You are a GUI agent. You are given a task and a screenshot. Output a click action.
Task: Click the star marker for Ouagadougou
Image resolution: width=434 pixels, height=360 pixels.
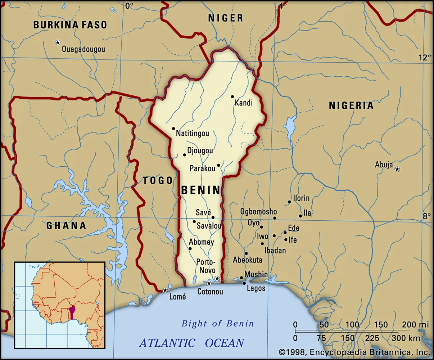[x=58, y=42]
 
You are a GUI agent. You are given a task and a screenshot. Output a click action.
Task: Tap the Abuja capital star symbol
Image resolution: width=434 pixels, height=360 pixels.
[x=397, y=169]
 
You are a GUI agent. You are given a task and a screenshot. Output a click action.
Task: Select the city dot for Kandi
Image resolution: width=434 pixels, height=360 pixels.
[x=232, y=96]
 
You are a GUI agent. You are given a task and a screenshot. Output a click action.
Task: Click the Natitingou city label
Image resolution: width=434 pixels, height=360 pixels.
[x=192, y=134]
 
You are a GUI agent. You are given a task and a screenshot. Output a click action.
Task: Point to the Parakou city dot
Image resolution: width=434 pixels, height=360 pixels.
[x=218, y=166]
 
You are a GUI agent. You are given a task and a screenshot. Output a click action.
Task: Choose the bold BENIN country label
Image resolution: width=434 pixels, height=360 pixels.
[x=200, y=190]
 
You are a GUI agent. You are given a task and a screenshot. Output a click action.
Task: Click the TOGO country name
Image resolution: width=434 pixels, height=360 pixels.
[x=158, y=180]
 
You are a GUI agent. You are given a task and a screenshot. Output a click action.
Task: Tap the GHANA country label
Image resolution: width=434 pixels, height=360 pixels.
[x=66, y=226]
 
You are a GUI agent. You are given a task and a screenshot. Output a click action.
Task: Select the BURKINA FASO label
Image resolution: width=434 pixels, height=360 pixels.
[x=70, y=25]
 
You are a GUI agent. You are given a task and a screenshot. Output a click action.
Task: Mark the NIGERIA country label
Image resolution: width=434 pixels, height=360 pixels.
[x=351, y=105]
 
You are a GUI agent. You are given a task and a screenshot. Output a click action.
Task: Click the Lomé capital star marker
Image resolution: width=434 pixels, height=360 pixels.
[x=165, y=290]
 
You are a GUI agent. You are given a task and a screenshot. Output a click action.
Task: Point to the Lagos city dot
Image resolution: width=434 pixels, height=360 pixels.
[x=244, y=283]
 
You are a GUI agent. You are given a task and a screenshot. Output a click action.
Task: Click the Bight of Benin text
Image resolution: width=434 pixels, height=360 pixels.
[x=218, y=323]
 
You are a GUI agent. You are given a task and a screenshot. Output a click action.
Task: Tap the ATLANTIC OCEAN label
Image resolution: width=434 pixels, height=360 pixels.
[x=191, y=342]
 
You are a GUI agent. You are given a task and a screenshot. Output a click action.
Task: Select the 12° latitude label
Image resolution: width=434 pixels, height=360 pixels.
[x=424, y=58]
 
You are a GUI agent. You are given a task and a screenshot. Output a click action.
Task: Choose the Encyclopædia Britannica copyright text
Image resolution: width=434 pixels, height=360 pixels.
[x=354, y=352]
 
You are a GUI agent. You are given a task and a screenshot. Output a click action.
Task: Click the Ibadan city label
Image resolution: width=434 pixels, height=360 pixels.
[x=275, y=251]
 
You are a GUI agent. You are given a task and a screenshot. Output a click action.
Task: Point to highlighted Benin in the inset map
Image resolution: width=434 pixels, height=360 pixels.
[x=72, y=312]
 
